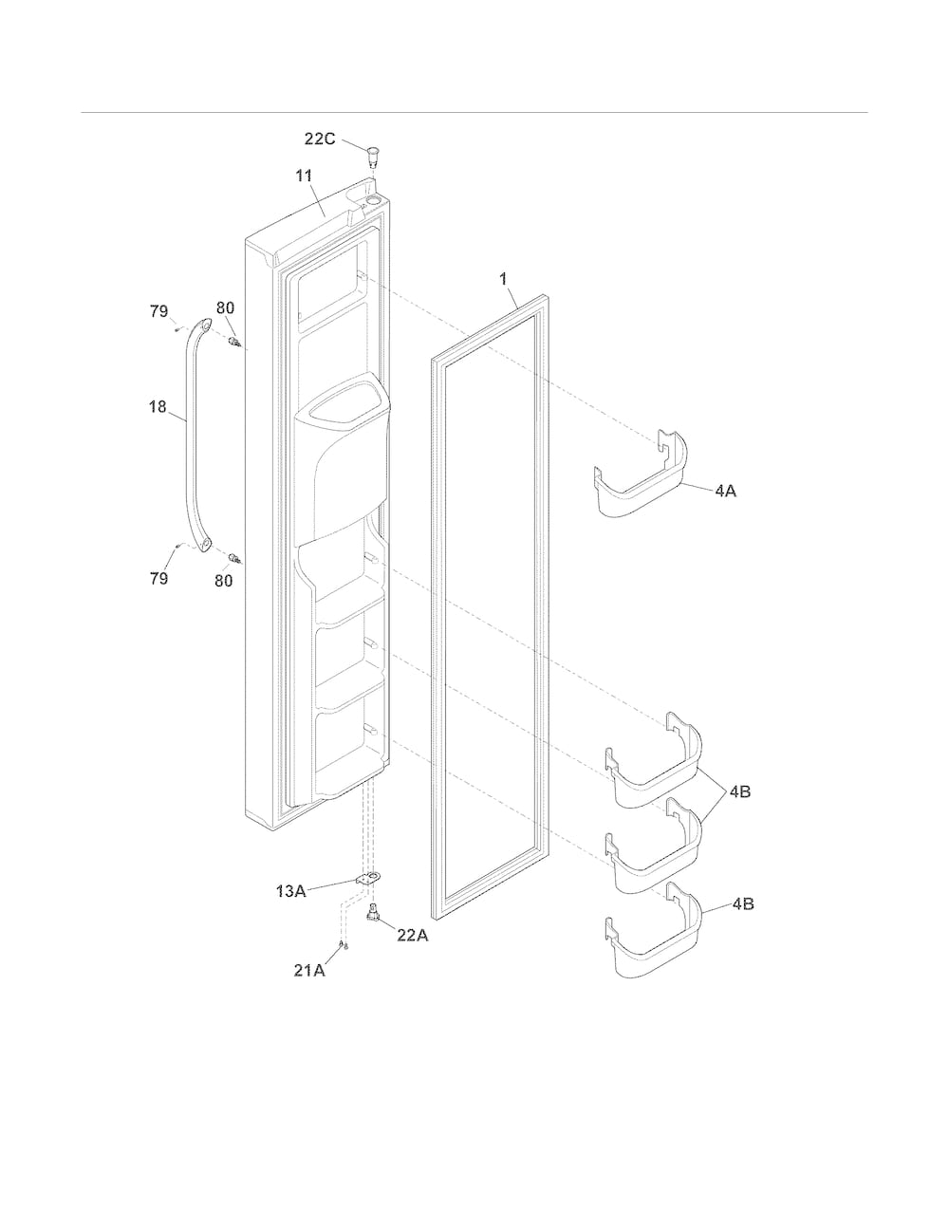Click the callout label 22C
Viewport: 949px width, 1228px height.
coord(320,139)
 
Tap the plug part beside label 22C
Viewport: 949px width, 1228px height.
coord(373,155)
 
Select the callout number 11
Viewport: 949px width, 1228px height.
coord(304,176)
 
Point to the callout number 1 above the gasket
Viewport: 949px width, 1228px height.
coord(503,279)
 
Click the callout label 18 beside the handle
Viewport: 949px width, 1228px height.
coord(158,406)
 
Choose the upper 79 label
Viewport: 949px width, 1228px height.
coord(158,311)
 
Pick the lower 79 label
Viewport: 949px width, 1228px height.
coord(158,578)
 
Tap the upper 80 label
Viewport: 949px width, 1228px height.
coord(225,308)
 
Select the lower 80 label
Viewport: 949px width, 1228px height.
coord(224,581)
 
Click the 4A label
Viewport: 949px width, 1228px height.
coord(725,491)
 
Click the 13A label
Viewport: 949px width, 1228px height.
coord(291,891)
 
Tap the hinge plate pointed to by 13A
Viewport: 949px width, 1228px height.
coord(368,878)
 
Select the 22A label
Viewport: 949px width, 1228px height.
coord(413,936)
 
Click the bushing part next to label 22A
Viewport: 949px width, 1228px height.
coord(373,912)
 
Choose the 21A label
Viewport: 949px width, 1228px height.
coord(309,970)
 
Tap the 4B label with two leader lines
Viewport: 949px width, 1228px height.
coord(740,791)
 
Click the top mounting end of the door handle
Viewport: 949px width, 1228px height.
coord(203,325)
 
